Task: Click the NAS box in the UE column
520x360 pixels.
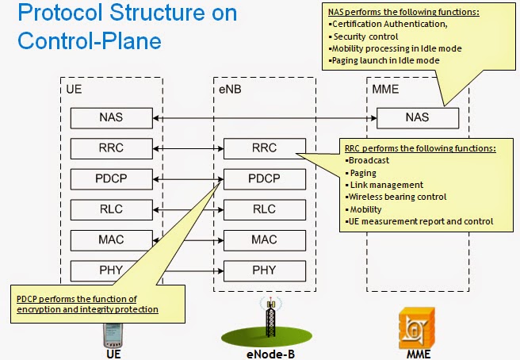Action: click(110, 117)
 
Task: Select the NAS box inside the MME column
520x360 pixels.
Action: click(417, 117)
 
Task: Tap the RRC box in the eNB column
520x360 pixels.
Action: click(264, 147)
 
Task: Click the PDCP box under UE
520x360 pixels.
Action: click(110, 178)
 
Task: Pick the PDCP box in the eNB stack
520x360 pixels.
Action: click(264, 178)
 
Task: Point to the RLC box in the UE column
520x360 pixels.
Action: click(110, 209)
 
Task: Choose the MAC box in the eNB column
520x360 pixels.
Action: click(264, 239)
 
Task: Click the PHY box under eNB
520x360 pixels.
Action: click(264, 270)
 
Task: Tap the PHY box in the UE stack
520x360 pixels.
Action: click(110, 270)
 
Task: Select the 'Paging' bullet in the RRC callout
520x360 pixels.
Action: click(364, 172)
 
